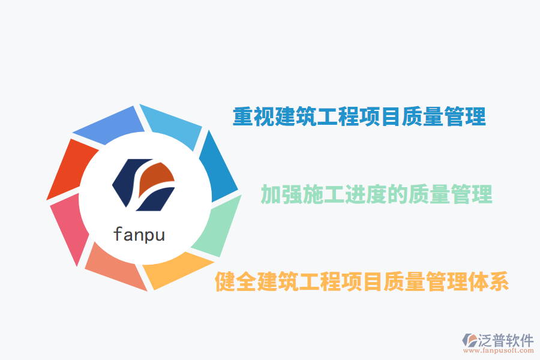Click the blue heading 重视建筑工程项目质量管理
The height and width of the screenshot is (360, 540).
(359, 116)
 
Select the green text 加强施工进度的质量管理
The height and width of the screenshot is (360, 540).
(376, 194)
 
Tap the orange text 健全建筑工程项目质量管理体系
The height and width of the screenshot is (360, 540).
(362, 281)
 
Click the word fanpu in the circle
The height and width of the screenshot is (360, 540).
(139, 233)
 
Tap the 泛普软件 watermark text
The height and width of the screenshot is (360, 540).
(505, 340)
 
